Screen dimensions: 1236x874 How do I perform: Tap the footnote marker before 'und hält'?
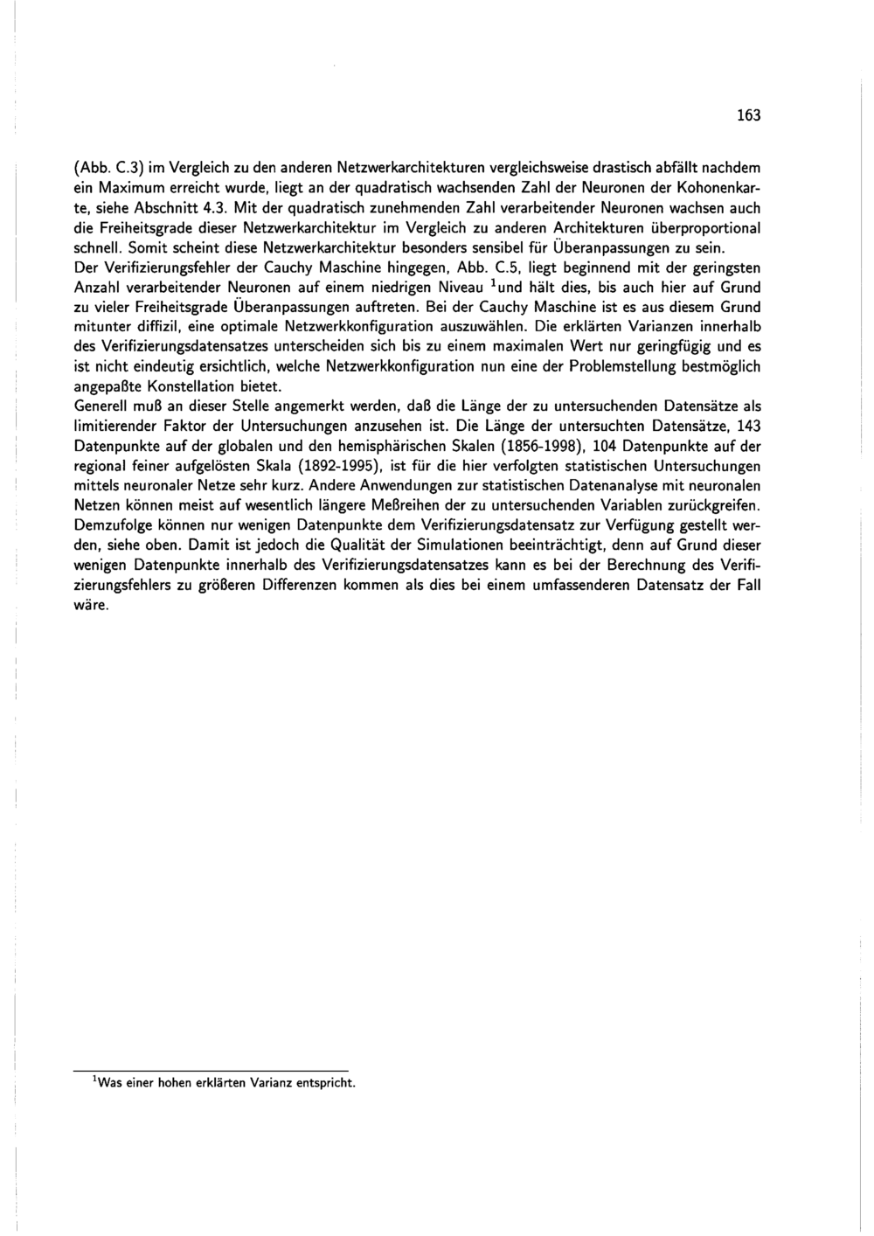[492, 284]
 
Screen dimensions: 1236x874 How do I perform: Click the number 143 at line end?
[749, 426]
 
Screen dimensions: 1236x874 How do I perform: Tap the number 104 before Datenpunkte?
[606, 446]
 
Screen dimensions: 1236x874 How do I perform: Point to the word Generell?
[99, 406]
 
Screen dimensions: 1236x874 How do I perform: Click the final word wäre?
[90, 605]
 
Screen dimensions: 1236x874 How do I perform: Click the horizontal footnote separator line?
[211, 1070]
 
